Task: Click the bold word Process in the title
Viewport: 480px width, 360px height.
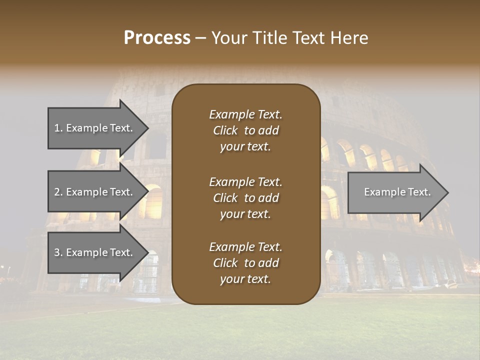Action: tap(157, 38)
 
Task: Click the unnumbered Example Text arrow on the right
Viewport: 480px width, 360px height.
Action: tap(395, 192)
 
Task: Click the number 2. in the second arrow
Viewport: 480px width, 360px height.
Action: tap(58, 192)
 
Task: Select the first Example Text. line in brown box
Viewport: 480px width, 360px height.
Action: tap(245, 114)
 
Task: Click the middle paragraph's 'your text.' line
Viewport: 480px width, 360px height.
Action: tap(245, 214)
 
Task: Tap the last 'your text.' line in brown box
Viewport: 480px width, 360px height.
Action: tap(245, 279)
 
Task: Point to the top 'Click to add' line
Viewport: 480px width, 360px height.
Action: tap(245, 130)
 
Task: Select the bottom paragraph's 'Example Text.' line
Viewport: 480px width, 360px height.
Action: tap(245, 247)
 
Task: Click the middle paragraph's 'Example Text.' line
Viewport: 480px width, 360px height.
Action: tap(245, 181)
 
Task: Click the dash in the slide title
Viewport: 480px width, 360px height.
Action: tap(200, 38)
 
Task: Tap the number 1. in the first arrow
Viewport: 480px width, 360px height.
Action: tap(58, 128)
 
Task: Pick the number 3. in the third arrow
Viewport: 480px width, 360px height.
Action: tap(58, 252)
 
